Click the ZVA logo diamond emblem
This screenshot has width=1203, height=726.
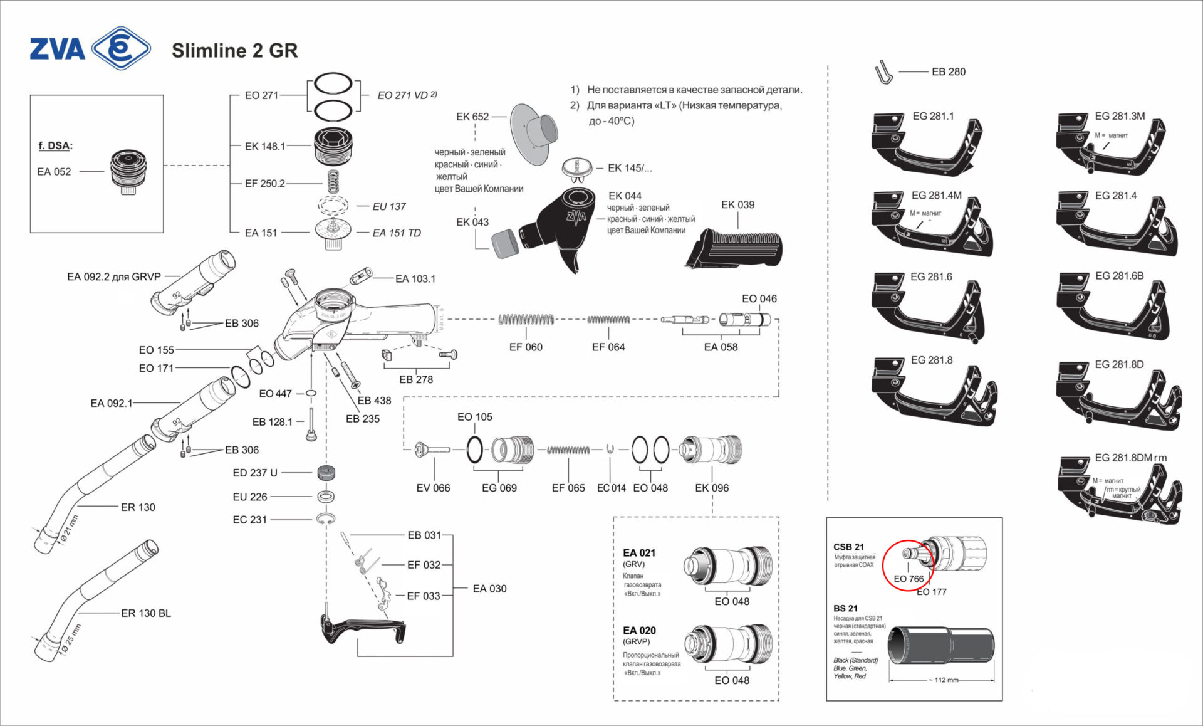tap(121, 48)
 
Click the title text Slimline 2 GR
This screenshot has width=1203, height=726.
tap(234, 51)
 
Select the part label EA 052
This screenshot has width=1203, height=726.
tap(54, 172)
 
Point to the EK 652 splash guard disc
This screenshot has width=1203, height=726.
tap(533, 134)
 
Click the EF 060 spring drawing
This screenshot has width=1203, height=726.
tap(526, 320)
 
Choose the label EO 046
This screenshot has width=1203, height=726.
tap(759, 299)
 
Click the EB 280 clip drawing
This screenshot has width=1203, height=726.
tap(883, 73)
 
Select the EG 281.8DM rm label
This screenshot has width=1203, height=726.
tap(1130, 458)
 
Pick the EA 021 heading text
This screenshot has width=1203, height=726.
tap(639, 553)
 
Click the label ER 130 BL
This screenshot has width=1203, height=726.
tap(146, 613)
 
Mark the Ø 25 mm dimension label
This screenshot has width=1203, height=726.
tap(71, 639)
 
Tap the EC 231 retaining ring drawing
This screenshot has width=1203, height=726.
tap(325, 518)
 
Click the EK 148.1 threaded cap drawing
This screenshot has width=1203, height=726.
tap(334, 147)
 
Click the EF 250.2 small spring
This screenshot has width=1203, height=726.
tap(333, 182)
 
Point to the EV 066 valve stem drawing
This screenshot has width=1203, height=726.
tap(432, 450)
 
